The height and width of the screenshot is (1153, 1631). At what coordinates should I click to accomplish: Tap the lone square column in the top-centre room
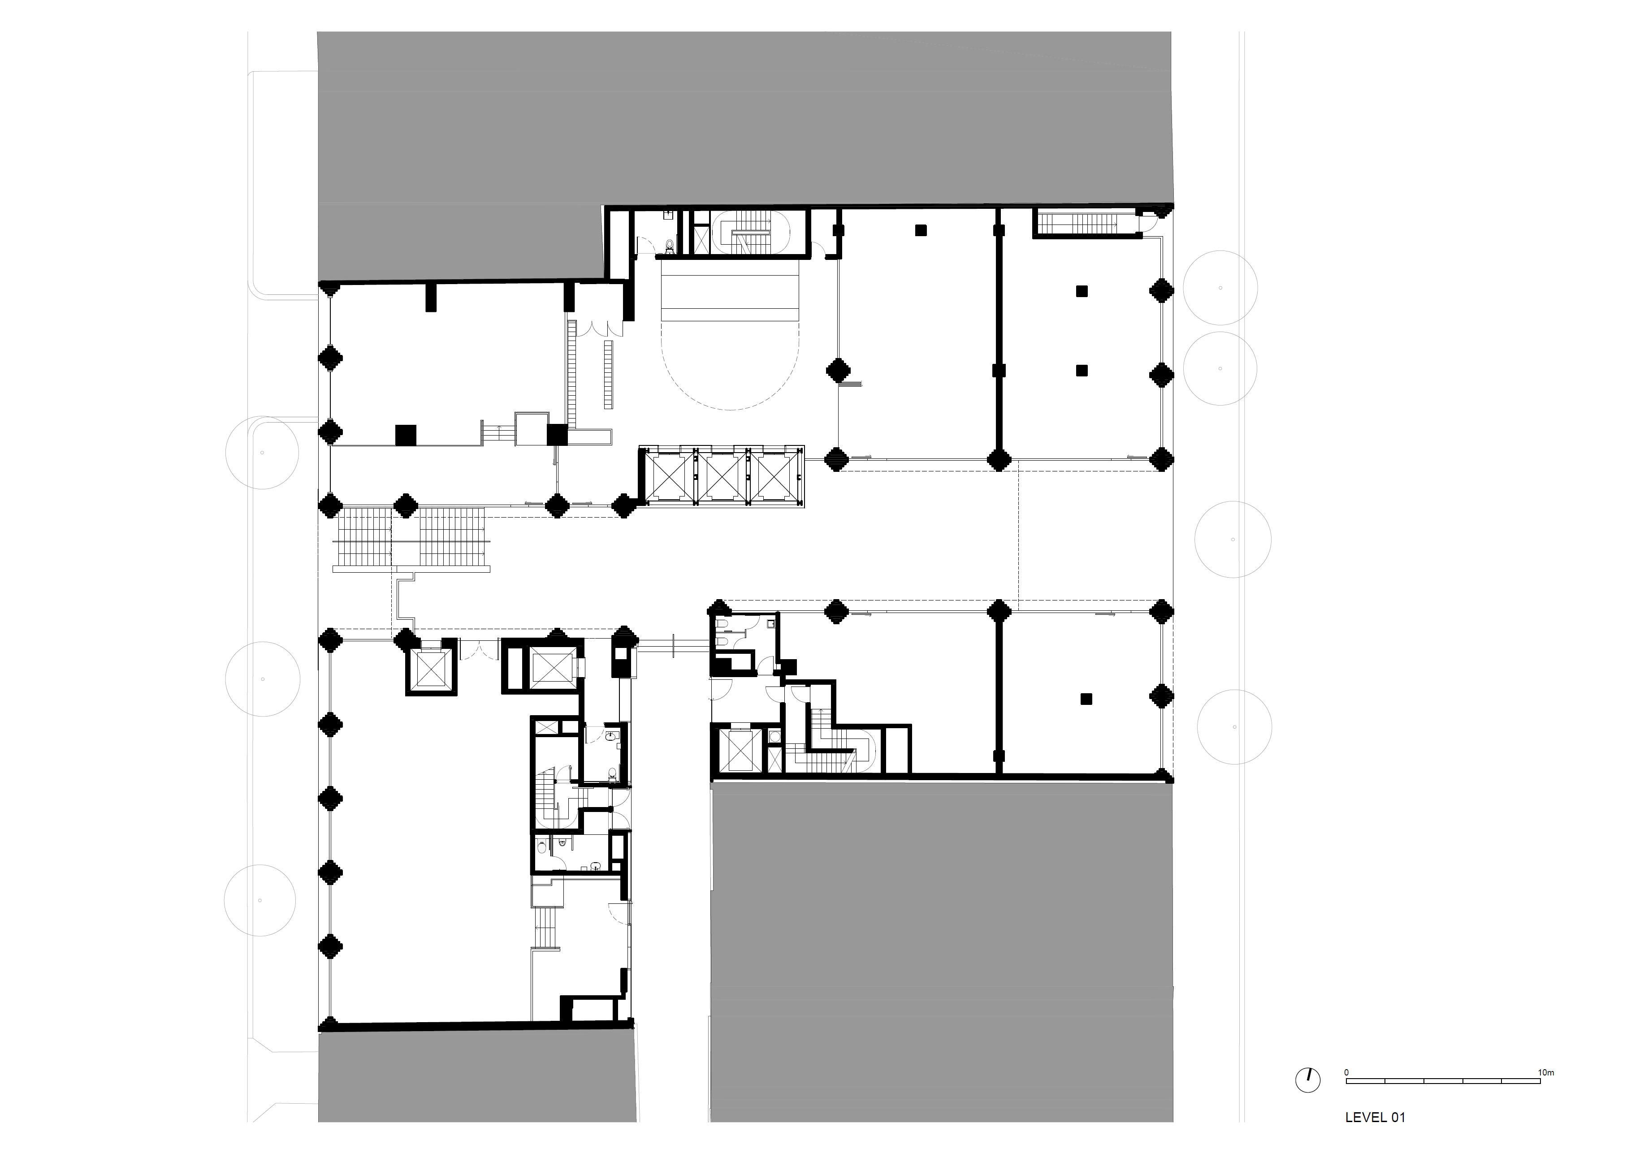coord(921,230)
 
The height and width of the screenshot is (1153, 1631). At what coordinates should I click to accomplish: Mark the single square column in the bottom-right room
coord(1086,698)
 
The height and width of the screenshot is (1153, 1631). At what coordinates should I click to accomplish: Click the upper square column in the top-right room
coord(1082,290)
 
